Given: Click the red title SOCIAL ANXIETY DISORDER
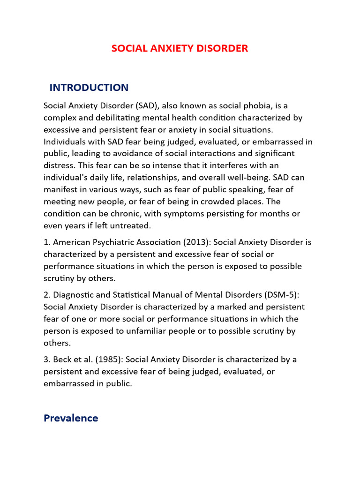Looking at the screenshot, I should (x=180, y=48).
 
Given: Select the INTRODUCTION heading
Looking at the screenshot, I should (x=89, y=88).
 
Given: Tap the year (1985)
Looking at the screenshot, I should (x=109, y=360).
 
